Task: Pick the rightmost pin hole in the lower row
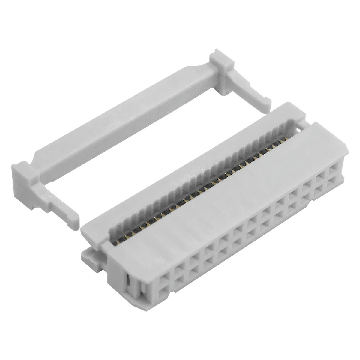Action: coord(334,184)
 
